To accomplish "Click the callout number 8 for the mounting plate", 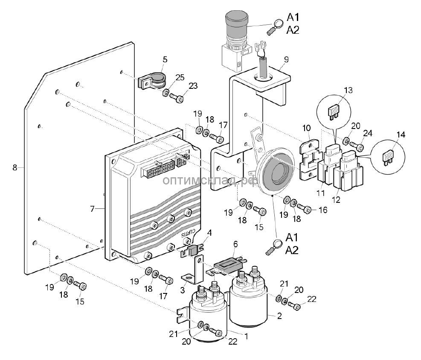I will [x=15, y=167].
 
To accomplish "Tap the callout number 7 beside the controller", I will [x=92, y=209].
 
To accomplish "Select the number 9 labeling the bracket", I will [x=286, y=59].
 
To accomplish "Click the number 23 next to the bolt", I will [x=193, y=86].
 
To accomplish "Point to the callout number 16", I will [x=322, y=210].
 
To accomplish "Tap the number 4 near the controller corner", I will [x=209, y=233].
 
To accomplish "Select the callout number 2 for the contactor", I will [x=279, y=316].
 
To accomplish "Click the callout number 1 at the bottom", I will [x=246, y=336].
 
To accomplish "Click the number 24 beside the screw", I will [x=368, y=134].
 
